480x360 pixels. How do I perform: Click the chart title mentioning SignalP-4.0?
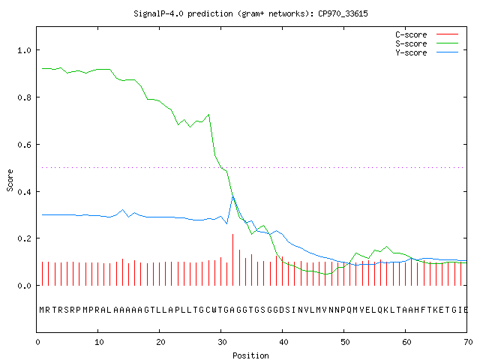point(250,13)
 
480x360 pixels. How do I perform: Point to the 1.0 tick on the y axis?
point(24,50)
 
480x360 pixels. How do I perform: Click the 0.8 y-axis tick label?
point(24,97)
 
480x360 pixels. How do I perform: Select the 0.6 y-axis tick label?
point(24,145)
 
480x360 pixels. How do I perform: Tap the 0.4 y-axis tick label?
point(24,192)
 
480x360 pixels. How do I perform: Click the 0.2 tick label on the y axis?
point(24,238)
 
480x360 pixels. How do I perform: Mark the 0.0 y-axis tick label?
point(24,286)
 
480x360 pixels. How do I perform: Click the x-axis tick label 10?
point(99,342)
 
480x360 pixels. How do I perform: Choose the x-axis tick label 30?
point(222,342)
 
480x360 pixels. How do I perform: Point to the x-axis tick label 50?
point(345,342)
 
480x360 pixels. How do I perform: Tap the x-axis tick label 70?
point(468,342)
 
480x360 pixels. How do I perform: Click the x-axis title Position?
point(250,355)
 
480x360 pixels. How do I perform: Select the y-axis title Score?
point(10,180)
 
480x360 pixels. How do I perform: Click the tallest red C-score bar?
point(233,259)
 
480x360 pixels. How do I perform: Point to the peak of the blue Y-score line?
point(233,196)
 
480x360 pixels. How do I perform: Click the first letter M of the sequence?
point(42,310)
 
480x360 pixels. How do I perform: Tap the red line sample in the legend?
point(447,34)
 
